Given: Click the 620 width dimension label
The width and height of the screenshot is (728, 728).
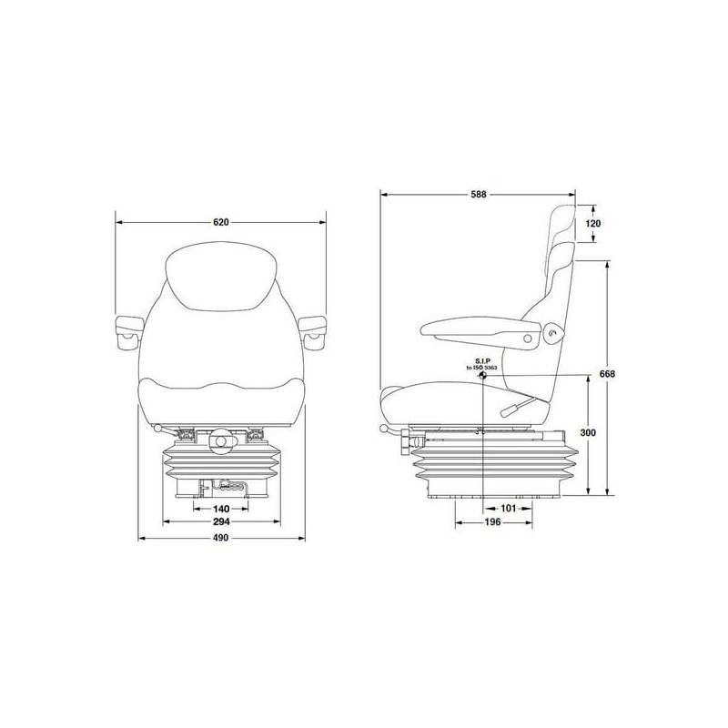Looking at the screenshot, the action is (x=221, y=222).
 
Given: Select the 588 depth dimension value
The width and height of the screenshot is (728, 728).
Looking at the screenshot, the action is (x=479, y=195).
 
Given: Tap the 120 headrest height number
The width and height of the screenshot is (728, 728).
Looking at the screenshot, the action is (x=592, y=224).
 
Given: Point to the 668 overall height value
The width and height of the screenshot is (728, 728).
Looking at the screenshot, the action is (x=607, y=374).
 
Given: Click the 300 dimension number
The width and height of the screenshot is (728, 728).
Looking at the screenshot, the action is (x=588, y=433).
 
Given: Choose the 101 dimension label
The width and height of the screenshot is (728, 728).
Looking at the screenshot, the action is (x=509, y=509).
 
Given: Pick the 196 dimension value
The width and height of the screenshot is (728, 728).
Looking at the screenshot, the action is (x=492, y=522).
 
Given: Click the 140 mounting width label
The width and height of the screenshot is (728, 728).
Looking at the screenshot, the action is (x=221, y=509).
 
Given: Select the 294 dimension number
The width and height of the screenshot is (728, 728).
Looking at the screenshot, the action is (x=221, y=521).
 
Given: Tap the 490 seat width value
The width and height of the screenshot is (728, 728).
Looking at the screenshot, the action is (x=221, y=538).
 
